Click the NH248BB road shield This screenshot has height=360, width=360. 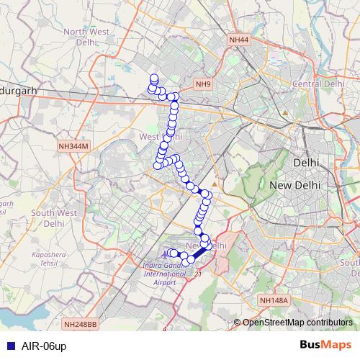[79, 325]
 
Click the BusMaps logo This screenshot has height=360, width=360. [326, 346]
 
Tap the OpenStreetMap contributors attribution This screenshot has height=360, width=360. [297, 323]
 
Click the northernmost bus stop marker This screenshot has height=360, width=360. [153, 78]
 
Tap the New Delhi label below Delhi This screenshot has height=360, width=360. [294, 186]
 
